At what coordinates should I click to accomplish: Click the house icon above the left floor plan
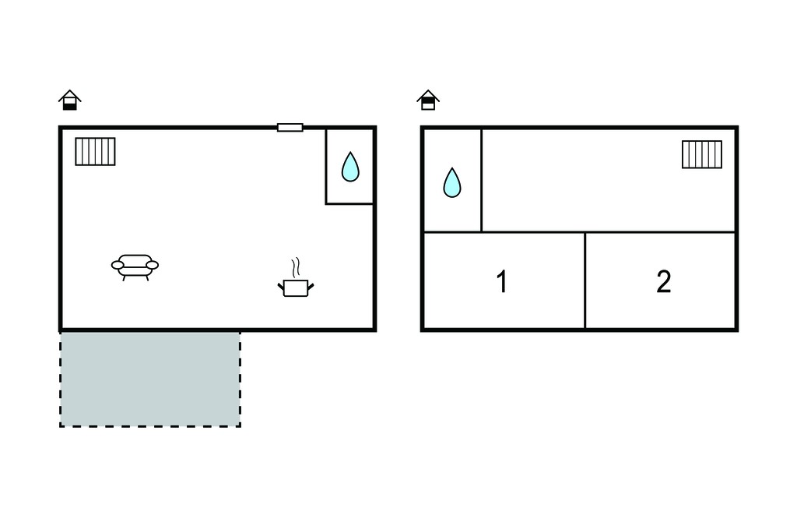(69, 100)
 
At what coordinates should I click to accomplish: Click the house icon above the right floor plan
(428, 100)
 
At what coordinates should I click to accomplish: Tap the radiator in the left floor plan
(95, 152)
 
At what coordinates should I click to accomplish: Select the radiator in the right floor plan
(702, 154)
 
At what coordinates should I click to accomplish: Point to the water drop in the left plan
(350, 168)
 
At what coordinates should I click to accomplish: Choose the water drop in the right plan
(452, 183)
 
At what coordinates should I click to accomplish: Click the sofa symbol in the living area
(135, 266)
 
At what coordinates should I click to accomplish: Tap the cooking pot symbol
(296, 288)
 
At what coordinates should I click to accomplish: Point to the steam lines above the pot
(296, 267)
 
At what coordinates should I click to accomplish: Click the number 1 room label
(502, 281)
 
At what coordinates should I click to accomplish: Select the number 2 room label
(664, 281)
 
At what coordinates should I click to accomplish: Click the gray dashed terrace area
(150, 379)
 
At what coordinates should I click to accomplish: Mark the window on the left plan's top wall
(290, 127)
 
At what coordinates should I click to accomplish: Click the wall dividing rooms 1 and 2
(585, 280)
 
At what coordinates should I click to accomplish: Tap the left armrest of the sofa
(117, 265)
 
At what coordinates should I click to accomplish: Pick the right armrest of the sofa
(152, 265)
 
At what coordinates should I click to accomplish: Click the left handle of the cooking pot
(280, 288)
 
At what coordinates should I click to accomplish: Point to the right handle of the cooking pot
(311, 288)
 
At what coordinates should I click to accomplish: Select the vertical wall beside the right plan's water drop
(481, 181)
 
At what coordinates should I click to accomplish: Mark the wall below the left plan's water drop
(349, 204)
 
